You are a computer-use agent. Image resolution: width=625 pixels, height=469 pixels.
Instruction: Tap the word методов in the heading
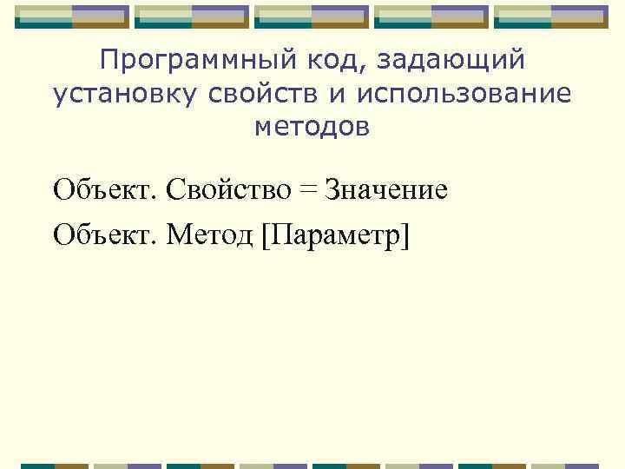click(312, 127)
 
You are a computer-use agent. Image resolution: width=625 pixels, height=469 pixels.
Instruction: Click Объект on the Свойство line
click(102, 188)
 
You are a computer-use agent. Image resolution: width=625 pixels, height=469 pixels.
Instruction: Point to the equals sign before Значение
click(310, 189)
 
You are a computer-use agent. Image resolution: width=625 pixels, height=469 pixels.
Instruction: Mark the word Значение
click(386, 188)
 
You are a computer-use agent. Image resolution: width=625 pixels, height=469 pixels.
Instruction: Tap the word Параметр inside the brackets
click(333, 234)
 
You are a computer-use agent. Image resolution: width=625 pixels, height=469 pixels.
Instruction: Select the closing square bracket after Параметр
click(402, 234)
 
